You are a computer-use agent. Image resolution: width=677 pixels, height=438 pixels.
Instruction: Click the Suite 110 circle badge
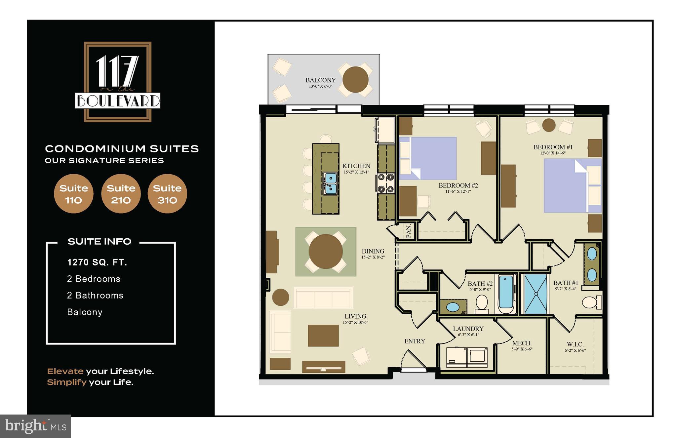[73, 194]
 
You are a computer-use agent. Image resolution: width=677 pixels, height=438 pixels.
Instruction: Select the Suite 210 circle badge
[121, 194]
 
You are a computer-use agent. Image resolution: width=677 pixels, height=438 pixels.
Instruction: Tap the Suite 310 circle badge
[167, 194]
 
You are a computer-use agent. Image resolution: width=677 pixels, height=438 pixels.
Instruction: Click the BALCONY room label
[320, 80]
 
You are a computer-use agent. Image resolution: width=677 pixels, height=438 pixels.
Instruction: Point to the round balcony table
[355, 80]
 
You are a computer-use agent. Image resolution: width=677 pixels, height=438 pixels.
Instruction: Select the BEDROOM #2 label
[458, 185]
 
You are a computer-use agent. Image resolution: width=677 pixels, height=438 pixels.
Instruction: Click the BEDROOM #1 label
[553, 147]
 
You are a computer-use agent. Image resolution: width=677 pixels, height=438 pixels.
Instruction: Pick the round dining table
[326, 252]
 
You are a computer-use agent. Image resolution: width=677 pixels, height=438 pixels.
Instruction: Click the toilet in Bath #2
[482, 304]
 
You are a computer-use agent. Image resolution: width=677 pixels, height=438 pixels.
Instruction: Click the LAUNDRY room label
[468, 329]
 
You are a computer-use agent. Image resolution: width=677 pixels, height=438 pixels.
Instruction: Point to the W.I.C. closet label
[575, 344]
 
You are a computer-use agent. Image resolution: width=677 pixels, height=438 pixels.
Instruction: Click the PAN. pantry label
[409, 231]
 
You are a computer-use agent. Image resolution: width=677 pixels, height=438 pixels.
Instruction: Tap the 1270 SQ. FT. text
[97, 262]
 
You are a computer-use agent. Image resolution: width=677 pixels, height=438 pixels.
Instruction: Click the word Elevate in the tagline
[65, 371]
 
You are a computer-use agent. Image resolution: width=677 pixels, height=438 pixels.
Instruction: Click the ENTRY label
[415, 341]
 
